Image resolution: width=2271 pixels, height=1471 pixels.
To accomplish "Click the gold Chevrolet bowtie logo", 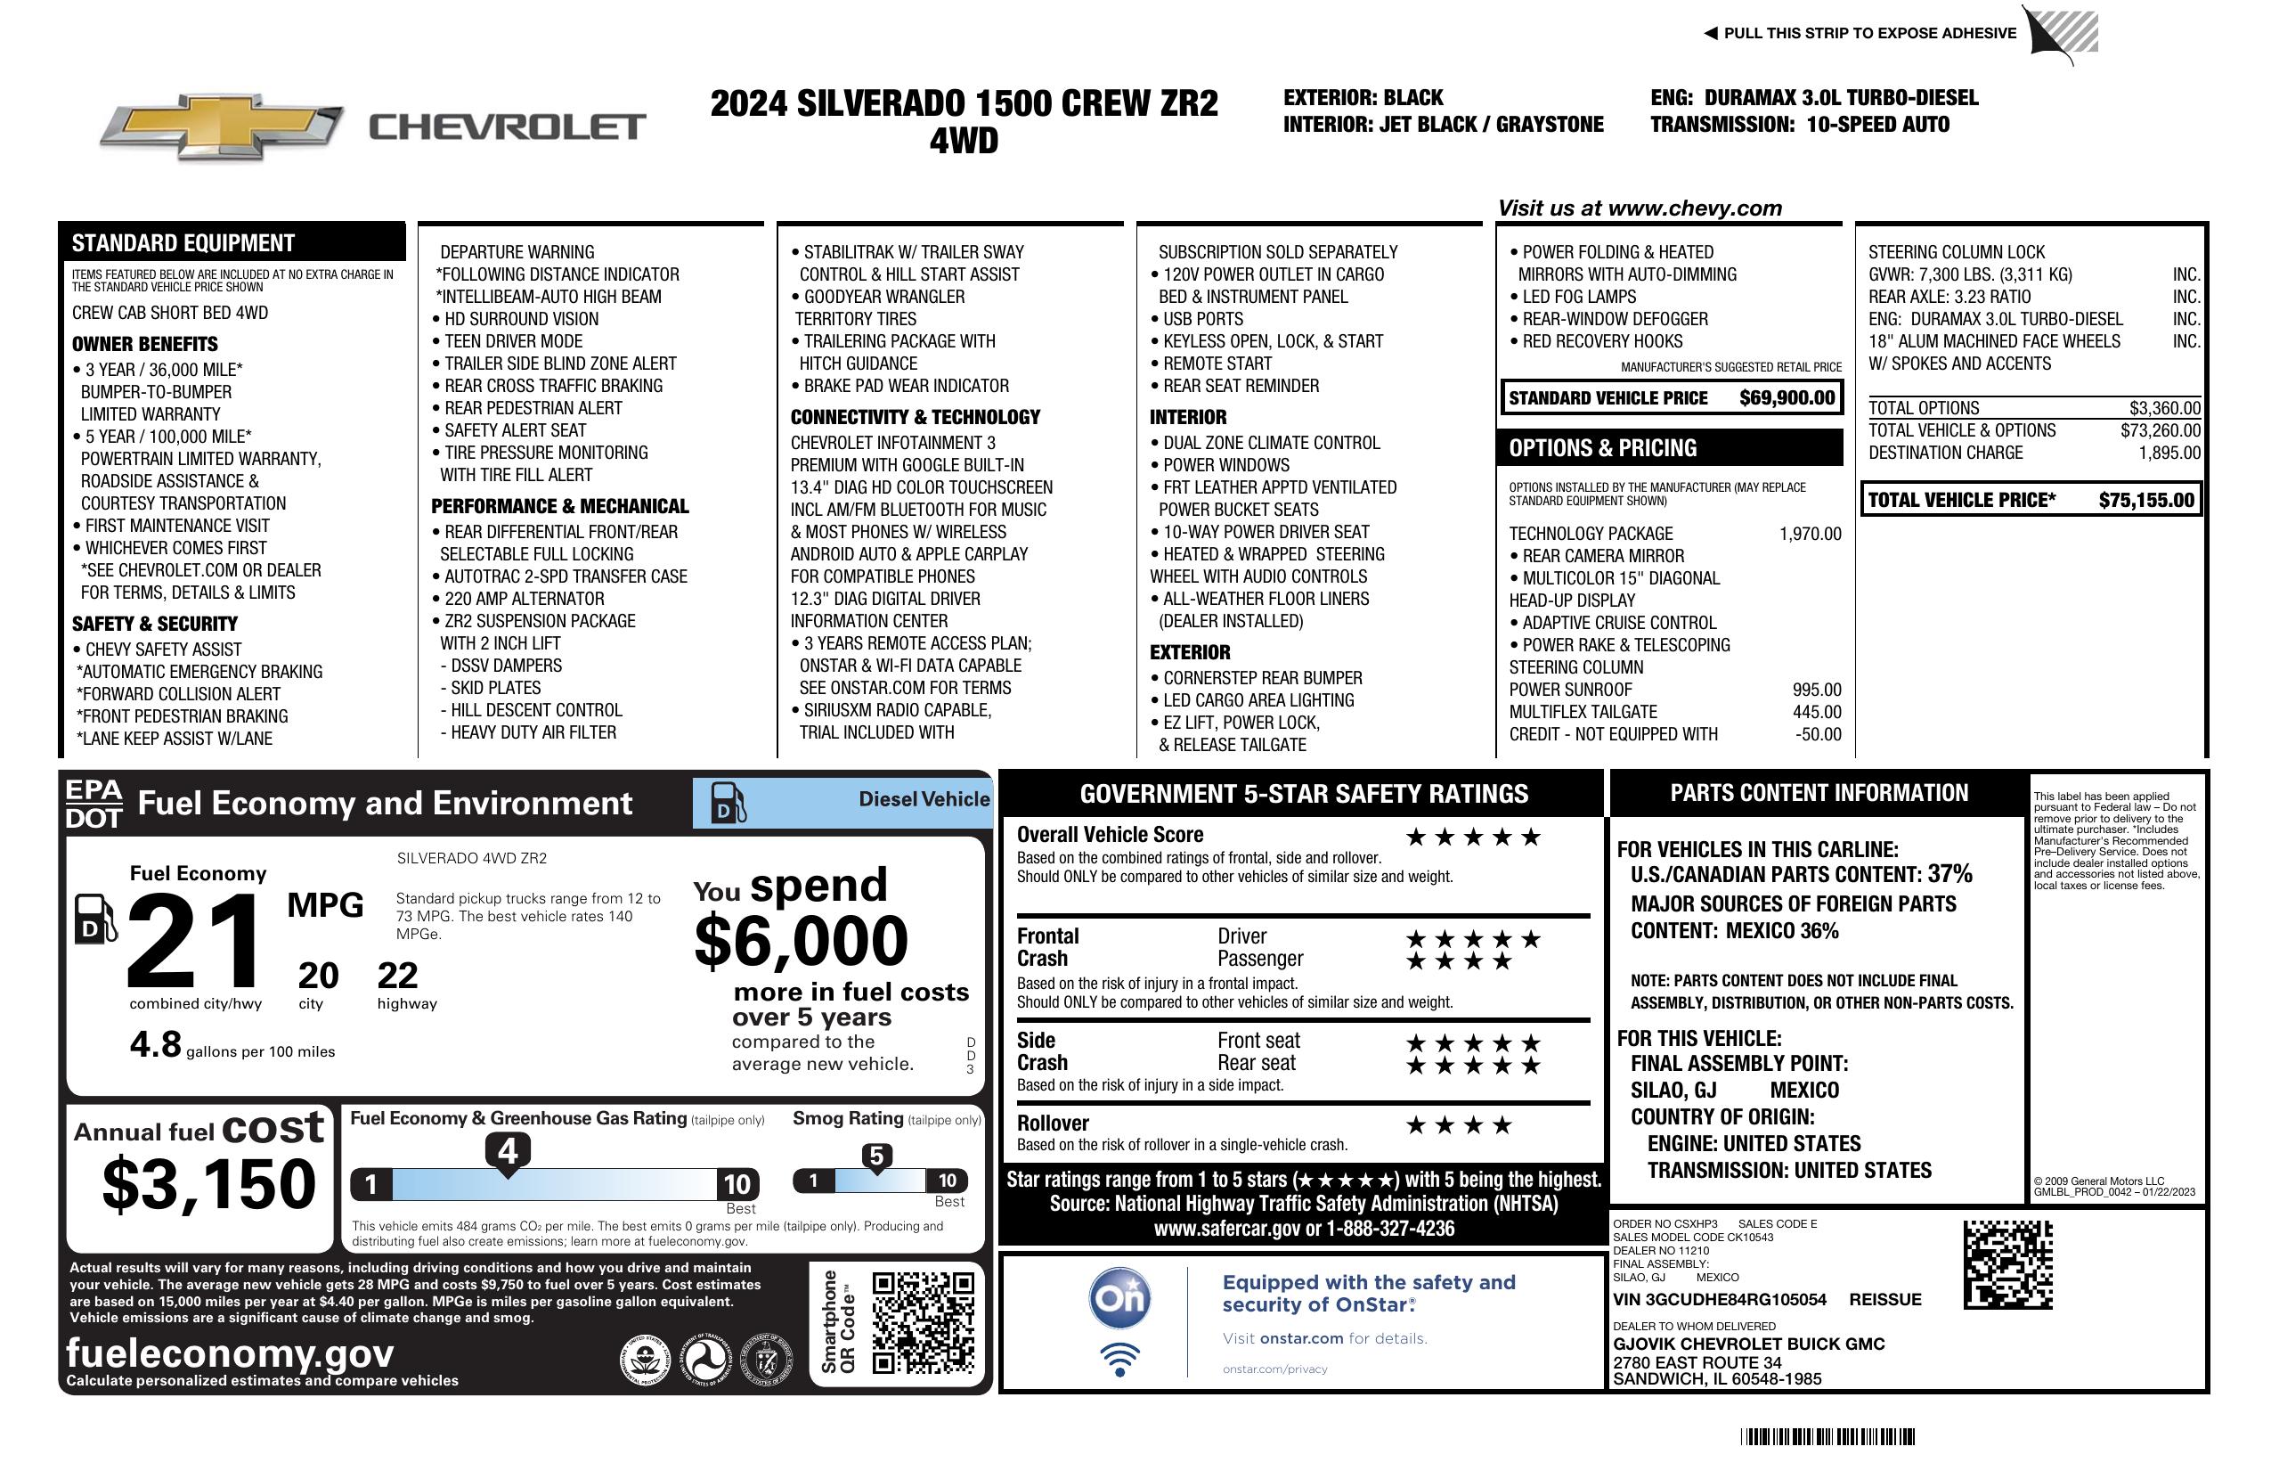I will coord(222,126).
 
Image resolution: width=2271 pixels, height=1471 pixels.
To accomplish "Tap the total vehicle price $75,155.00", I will coord(2146,500).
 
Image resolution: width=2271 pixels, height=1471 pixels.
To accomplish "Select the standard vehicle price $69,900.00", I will coord(1787,398).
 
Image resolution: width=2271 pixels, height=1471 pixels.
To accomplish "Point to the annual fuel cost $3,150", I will coord(209,1184).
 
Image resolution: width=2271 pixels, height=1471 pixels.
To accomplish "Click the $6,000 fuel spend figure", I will coord(801,941).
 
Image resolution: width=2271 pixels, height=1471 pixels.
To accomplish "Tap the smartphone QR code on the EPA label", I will coord(923,1322).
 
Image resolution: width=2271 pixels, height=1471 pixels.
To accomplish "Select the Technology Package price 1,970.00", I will coord(1809,534).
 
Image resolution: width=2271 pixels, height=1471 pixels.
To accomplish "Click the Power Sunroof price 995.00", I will coord(1816,690).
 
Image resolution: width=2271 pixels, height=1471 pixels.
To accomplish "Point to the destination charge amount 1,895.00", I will coord(2169,453).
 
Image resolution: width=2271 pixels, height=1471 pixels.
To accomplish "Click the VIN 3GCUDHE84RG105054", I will coord(1720,1299).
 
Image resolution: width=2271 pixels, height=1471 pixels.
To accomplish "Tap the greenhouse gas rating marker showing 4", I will coord(508,1152).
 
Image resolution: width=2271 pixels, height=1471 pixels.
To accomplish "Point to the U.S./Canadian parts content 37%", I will coord(1949,873).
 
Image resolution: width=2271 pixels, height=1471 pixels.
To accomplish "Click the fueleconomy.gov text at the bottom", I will coord(230,1353).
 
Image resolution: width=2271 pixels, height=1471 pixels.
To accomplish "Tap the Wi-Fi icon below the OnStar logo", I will coord(1119,1360).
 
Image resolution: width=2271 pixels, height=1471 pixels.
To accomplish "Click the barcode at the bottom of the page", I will coord(1827,1436).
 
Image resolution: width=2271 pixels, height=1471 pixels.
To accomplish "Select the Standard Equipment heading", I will coord(183,242).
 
